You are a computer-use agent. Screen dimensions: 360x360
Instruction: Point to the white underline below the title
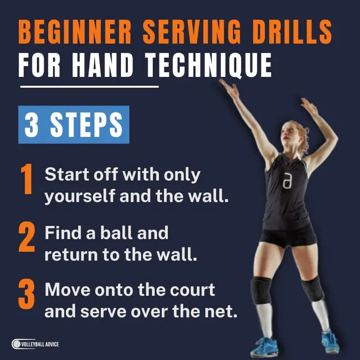click(89, 87)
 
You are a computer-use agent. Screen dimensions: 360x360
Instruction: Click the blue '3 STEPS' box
click(74, 125)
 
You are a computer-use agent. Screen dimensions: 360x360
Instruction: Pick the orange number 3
click(27, 295)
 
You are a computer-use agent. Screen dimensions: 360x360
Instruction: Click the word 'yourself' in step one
click(79, 195)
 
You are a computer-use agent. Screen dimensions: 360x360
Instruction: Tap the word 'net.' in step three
click(220, 312)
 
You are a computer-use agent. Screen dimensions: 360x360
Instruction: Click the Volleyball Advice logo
click(36, 345)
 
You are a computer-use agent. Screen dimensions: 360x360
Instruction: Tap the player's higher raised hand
click(228, 87)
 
